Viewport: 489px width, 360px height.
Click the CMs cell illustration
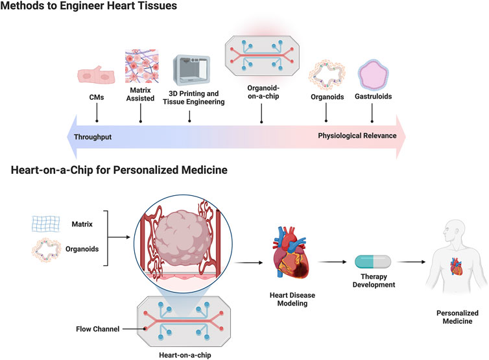95,73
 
